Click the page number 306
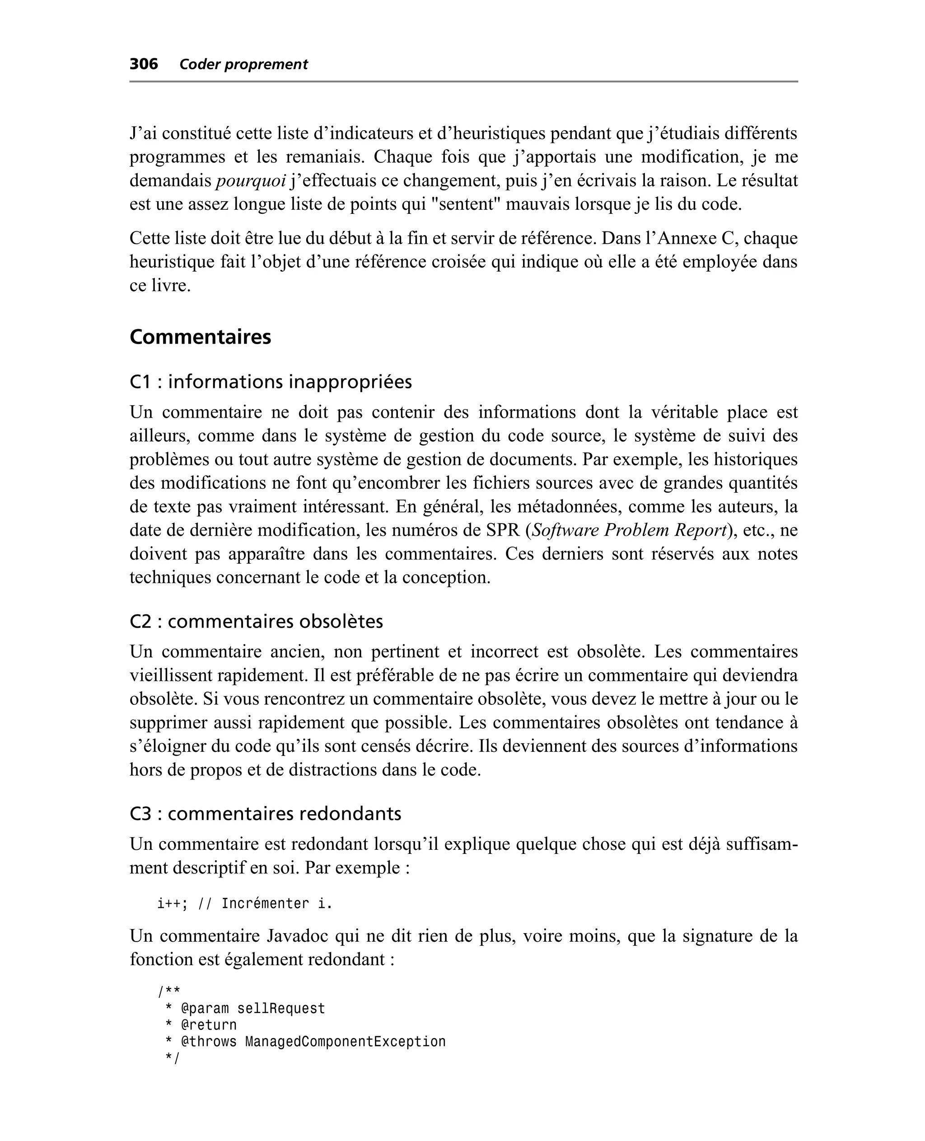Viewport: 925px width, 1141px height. pos(144,64)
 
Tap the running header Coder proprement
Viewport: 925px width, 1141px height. pos(243,65)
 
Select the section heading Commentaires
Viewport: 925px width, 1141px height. pos(201,337)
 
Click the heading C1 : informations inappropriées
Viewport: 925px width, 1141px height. pos(271,382)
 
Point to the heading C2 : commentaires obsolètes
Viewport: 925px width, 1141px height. pos(256,621)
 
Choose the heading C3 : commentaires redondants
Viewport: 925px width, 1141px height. pos(266,814)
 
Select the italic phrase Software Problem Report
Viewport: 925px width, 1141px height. pos(630,530)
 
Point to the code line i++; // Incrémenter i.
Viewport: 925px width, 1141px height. pos(244,904)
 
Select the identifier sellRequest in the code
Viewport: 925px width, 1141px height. pos(281,1009)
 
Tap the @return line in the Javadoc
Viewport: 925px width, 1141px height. pos(209,1025)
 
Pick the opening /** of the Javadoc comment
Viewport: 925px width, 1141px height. pos(168,992)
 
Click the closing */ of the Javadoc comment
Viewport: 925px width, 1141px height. pos(173,1058)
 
